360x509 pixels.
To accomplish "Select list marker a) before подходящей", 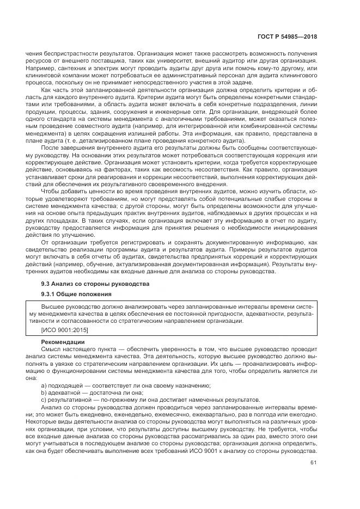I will point(44,385).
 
